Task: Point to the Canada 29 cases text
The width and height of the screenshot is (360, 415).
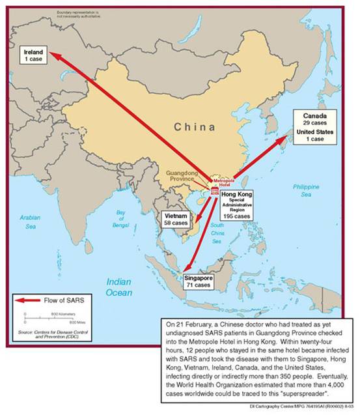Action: coord(314,120)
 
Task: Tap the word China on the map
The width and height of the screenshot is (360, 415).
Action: coord(195,126)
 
